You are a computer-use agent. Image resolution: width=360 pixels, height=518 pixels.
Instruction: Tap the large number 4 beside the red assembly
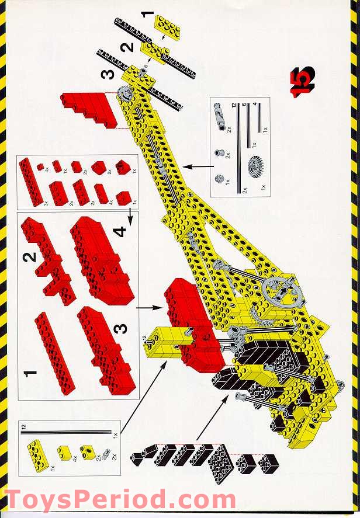pos(120,232)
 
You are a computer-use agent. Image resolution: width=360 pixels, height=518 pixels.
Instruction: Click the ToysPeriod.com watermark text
pos(119,501)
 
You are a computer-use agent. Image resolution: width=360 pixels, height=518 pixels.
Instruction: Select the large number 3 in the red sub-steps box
pos(120,330)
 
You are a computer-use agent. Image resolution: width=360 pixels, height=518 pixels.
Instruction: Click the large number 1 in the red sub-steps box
pos(31,371)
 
